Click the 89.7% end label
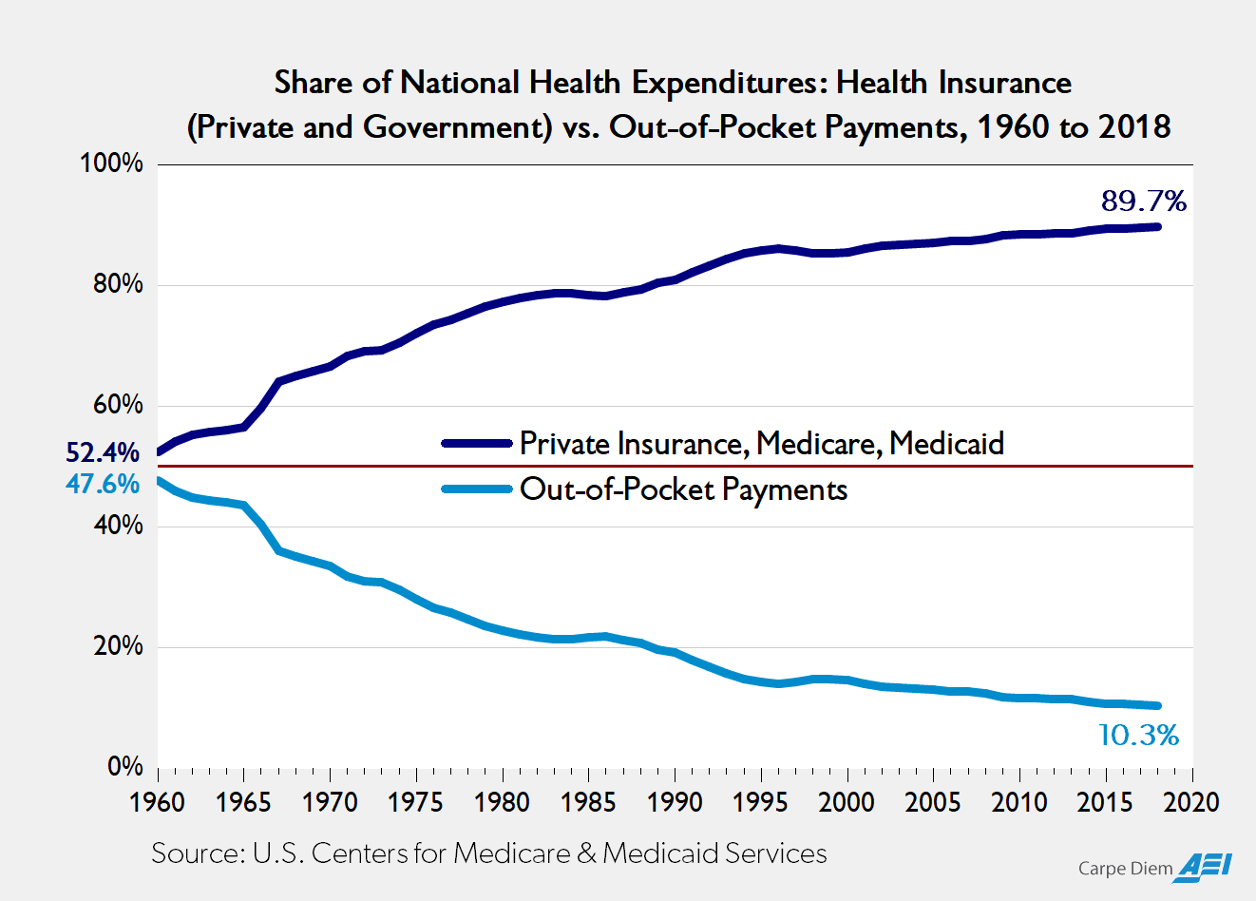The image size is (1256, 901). (1143, 201)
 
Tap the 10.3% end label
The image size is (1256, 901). (1138, 735)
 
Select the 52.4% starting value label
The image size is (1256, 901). (103, 453)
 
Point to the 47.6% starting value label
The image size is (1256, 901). (103, 484)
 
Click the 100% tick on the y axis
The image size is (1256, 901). (111, 163)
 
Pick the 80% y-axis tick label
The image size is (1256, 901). (117, 284)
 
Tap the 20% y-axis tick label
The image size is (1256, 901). (117, 646)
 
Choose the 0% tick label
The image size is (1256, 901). (124, 767)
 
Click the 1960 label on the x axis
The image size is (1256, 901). (157, 802)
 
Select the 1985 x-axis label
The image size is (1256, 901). (588, 802)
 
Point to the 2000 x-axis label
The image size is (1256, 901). (847, 802)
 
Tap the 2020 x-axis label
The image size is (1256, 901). (1191, 802)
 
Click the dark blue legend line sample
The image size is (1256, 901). (478, 444)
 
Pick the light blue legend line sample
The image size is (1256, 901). (478, 489)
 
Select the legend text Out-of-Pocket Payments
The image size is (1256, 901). (683, 489)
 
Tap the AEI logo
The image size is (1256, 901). (1207, 866)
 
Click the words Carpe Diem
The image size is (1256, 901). (1125, 869)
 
